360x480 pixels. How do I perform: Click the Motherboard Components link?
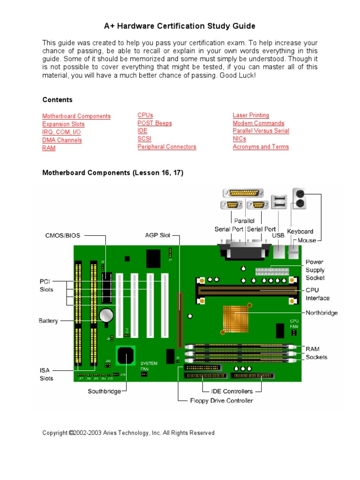pyautogui.click(x=76, y=116)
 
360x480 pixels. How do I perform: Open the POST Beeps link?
pyautogui.click(x=155, y=123)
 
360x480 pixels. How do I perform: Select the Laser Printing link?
pyautogui.click(x=251, y=115)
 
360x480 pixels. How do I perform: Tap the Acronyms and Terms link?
pyautogui.click(x=261, y=147)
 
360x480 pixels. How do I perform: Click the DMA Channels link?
pyautogui.click(x=62, y=140)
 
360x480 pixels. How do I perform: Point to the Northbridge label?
pyautogui.click(x=322, y=313)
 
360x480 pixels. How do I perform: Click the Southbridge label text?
pyautogui.click(x=104, y=391)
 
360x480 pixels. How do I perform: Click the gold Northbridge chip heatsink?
pyautogui.click(x=236, y=318)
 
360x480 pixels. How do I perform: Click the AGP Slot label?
pyautogui.click(x=157, y=235)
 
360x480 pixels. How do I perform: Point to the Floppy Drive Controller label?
pyautogui.click(x=221, y=401)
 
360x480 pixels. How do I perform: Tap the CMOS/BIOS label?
pyautogui.click(x=63, y=235)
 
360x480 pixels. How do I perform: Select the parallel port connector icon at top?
pyautogui.click(x=244, y=193)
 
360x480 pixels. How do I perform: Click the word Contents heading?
pyautogui.click(x=58, y=100)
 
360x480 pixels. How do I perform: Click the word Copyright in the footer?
pyautogui.click(x=55, y=433)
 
